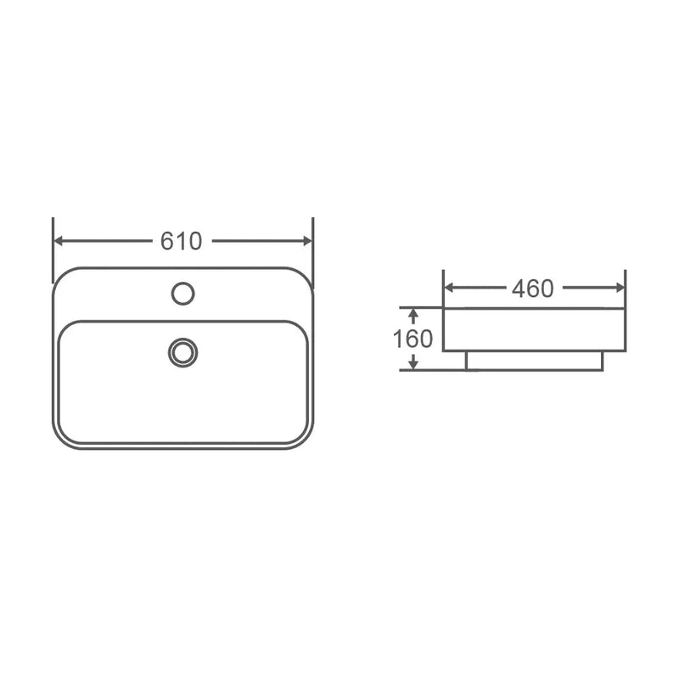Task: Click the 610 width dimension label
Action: click(182, 241)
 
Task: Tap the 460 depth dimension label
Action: click(532, 289)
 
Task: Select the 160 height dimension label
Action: click(412, 339)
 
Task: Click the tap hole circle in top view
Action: click(182, 294)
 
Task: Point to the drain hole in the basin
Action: click(182, 352)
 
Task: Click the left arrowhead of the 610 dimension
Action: click(59, 241)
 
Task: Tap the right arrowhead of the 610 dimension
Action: click(307, 241)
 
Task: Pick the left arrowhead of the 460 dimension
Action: click(450, 288)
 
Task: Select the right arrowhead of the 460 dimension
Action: click(620, 288)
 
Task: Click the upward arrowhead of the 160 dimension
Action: click(412, 314)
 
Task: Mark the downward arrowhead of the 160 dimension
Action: click(412, 364)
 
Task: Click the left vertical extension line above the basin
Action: click(53, 246)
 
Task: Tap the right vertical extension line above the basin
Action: click(313, 246)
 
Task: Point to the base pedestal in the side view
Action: click(534, 361)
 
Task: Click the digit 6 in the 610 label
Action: click(168, 241)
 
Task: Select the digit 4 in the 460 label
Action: click(518, 289)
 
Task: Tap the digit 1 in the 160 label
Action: click(397, 339)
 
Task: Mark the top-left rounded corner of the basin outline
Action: click(61, 277)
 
